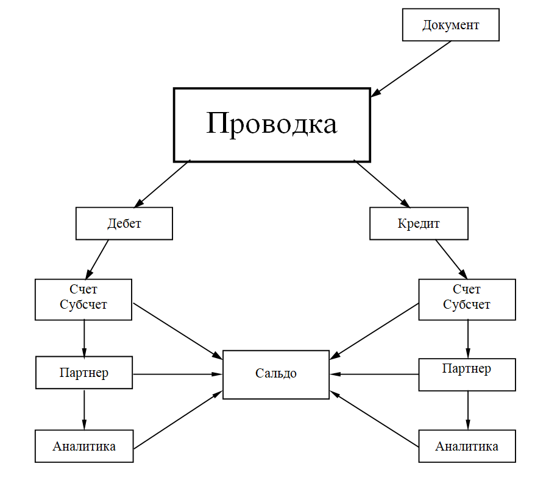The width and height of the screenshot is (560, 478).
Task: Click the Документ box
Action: (x=450, y=25)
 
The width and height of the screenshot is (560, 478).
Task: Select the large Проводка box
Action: (x=272, y=125)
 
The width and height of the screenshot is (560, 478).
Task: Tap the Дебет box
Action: (x=124, y=223)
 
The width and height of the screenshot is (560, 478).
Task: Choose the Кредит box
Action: (x=419, y=223)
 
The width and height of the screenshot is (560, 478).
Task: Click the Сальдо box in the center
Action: (x=275, y=374)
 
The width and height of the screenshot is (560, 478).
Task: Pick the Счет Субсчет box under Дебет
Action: (x=83, y=299)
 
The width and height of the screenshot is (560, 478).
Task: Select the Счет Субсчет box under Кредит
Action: (x=467, y=299)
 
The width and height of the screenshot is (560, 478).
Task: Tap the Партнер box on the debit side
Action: (x=84, y=373)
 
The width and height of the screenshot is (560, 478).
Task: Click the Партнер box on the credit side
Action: (x=467, y=374)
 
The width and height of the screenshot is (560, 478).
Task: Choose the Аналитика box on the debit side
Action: (x=84, y=446)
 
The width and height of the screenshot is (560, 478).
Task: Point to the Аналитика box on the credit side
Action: (x=467, y=446)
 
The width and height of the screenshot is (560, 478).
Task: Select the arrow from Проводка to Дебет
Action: (x=165, y=183)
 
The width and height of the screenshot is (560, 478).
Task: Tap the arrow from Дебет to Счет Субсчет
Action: (x=98, y=259)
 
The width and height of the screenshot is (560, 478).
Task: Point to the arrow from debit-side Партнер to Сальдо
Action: (x=177, y=373)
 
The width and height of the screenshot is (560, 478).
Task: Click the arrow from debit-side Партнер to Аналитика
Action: (x=84, y=409)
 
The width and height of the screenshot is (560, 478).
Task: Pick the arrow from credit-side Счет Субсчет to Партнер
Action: (x=468, y=339)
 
